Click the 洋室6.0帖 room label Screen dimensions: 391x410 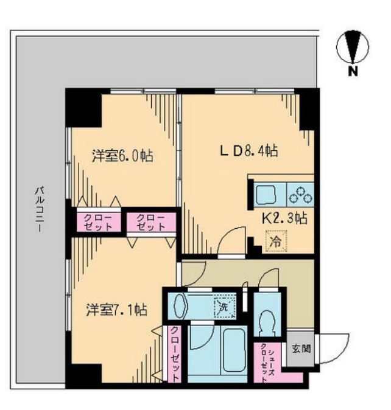(x=122, y=156)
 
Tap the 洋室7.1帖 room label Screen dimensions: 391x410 (x=116, y=310)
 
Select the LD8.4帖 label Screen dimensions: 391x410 (x=249, y=151)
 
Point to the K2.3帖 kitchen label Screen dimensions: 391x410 (x=285, y=218)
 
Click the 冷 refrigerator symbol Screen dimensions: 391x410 (x=277, y=241)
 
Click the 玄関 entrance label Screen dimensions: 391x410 (x=301, y=349)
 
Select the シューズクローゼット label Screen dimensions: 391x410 (x=267, y=363)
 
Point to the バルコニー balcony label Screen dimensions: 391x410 (x=39, y=209)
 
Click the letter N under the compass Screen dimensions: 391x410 (x=353, y=71)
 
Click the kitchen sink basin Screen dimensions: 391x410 (x=266, y=195)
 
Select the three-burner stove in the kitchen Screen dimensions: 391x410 (x=301, y=195)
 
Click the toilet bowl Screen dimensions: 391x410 (x=267, y=322)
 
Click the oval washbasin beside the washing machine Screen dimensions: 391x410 (x=180, y=306)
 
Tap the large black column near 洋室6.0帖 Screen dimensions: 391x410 (x=83, y=108)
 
